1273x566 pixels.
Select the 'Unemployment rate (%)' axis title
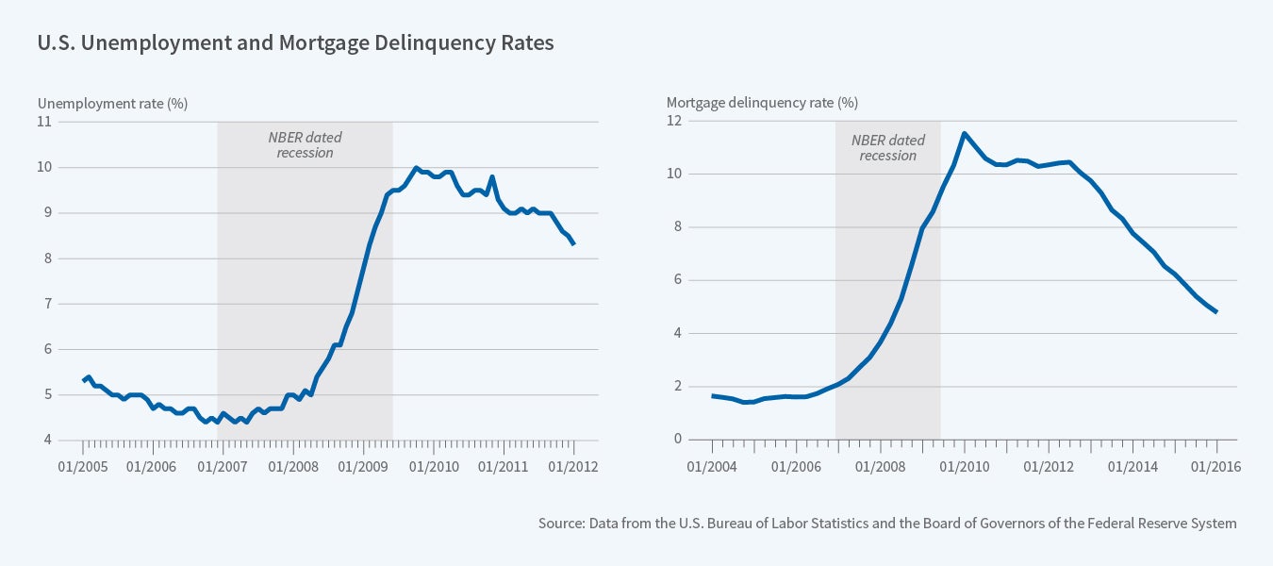click(x=112, y=103)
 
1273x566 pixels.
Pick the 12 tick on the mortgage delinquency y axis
click(x=673, y=121)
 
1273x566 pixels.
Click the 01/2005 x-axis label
click(x=82, y=465)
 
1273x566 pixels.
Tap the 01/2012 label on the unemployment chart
click(x=573, y=465)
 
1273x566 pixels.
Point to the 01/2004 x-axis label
click(x=712, y=465)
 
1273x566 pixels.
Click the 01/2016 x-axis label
click(x=1216, y=465)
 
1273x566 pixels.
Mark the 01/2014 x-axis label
click(x=1132, y=465)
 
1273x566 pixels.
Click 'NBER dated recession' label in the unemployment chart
click(x=305, y=144)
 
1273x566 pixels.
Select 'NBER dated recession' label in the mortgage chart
click(x=888, y=147)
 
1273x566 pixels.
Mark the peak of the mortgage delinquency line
click(x=964, y=133)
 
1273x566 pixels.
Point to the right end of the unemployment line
click(x=573, y=244)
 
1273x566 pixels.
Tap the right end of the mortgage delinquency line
click(x=1216, y=312)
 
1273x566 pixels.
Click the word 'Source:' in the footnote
click(x=561, y=523)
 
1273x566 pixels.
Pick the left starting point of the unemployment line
click(x=83, y=381)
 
